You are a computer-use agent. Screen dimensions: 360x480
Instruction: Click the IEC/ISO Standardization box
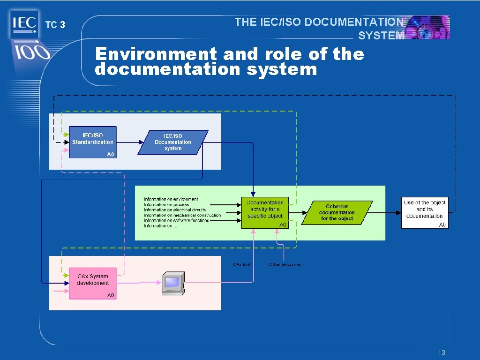(93, 142)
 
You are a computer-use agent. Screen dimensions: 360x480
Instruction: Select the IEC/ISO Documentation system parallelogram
(172, 142)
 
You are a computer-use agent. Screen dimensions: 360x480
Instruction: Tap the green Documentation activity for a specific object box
(265, 212)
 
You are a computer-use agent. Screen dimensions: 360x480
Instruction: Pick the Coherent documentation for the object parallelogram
(337, 212)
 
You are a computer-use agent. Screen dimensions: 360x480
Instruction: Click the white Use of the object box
(424, 212)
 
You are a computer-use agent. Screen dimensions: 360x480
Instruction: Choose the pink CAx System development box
(93, 283)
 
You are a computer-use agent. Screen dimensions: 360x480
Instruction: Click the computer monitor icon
(173, 282)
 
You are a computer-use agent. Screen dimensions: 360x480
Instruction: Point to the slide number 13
(441, 352)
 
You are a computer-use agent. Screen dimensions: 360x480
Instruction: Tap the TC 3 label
(55, 25)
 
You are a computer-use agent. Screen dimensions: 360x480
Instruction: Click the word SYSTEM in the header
(381, 36)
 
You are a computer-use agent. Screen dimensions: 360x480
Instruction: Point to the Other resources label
(285, 265)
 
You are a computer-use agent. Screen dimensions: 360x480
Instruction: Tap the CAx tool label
(242, 265)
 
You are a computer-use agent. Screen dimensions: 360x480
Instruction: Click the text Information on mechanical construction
(182, 215)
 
